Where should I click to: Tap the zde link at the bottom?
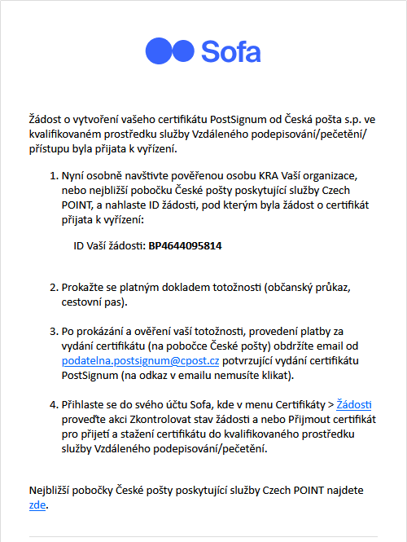pos(37,505)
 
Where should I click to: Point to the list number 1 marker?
pos(54,176)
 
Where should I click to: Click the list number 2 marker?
pos(54,288)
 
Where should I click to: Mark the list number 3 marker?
pos(54,332)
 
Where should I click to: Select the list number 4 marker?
pos(54,405)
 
